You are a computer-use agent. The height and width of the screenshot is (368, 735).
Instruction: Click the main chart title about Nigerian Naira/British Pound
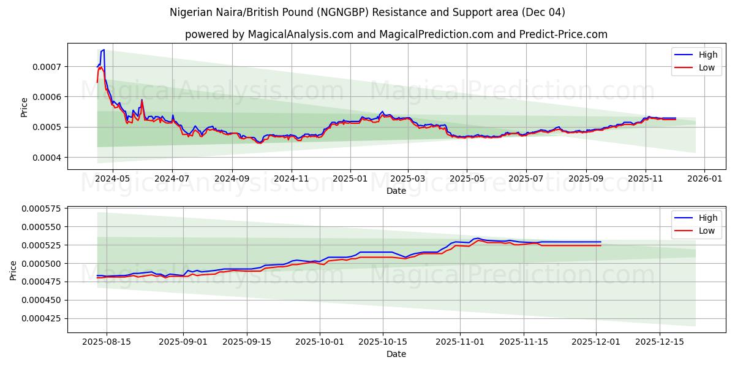point(367,12)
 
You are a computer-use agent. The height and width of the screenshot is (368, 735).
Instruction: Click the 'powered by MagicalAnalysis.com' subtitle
point(396,34)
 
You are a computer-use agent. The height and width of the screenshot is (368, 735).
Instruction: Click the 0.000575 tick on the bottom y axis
point(43,209)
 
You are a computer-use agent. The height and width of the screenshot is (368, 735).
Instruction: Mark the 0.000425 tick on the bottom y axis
point(43,318)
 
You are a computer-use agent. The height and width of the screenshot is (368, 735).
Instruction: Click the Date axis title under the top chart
point(396,191)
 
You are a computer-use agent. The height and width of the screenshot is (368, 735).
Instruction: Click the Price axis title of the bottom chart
point(13,270)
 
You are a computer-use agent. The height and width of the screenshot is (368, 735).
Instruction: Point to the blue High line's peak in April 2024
point(104,50)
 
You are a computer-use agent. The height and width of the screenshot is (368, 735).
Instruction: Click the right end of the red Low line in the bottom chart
point(600,245)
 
